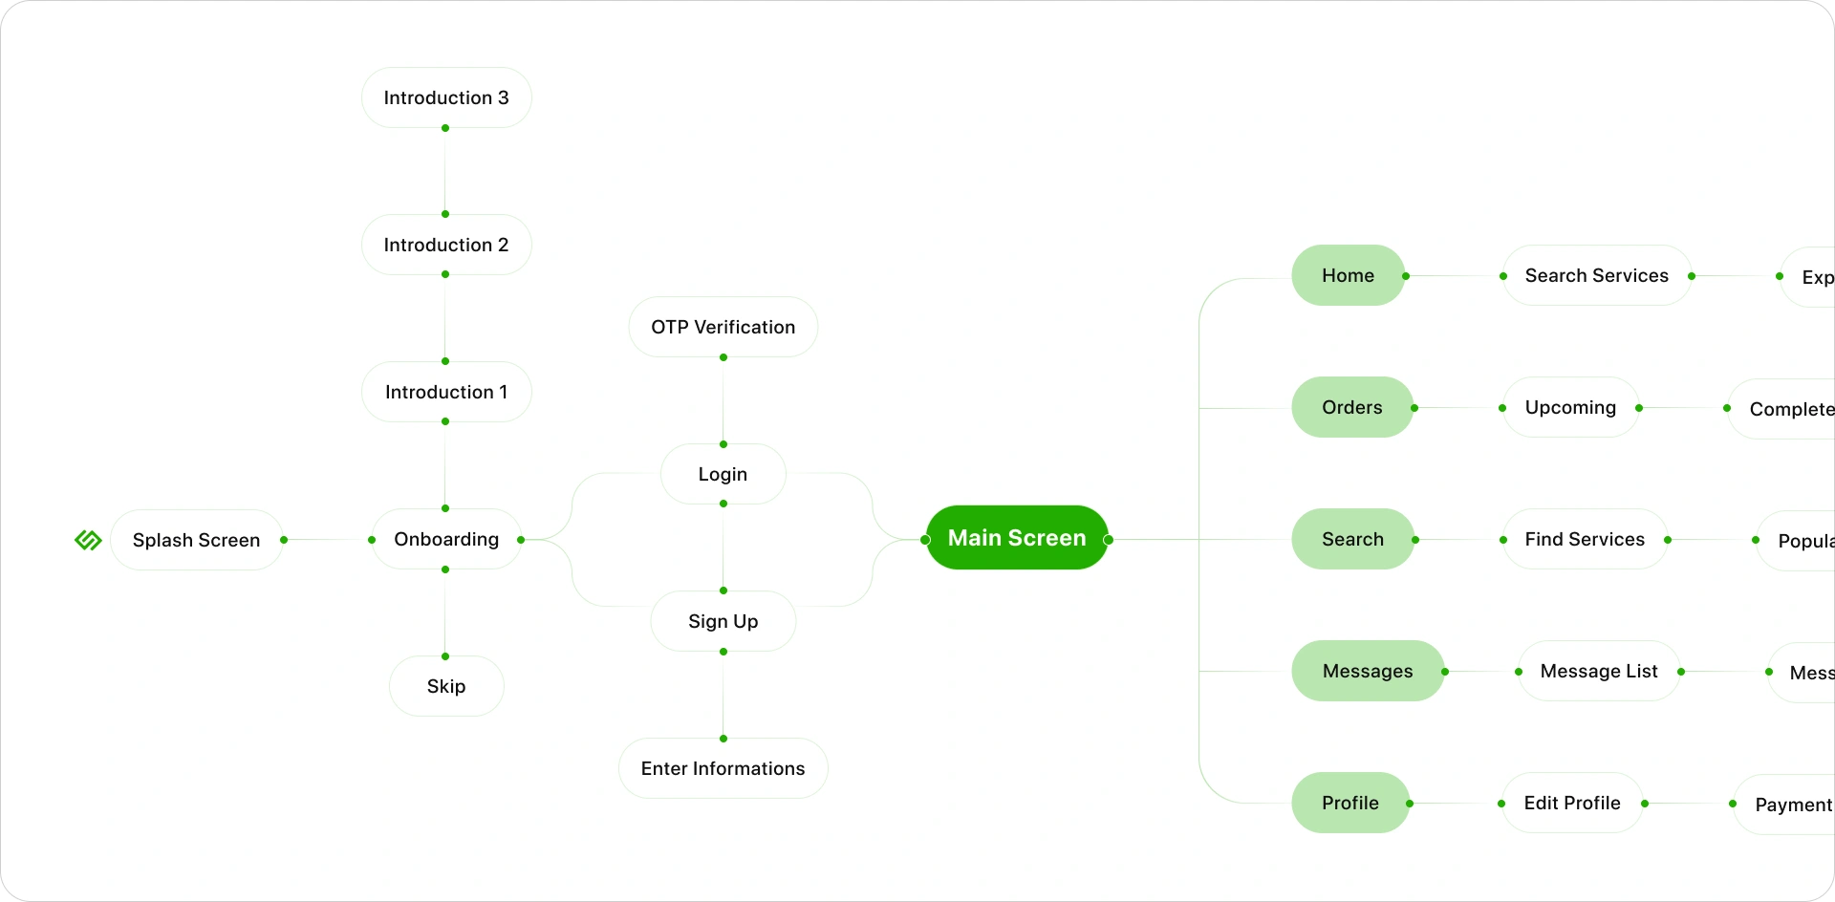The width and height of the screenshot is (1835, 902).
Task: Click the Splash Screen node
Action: (196, 540)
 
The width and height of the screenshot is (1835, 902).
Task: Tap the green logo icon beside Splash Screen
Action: (88, 540)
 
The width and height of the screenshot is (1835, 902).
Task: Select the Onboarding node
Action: (446, 540)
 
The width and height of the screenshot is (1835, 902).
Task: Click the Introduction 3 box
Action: (446, 97)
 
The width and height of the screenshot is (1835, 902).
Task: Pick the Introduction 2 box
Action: (446, 245)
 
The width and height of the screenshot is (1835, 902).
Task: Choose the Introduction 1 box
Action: (446, 392)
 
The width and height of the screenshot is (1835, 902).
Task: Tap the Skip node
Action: (446, 686)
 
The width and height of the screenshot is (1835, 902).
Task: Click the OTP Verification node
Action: (723, 327)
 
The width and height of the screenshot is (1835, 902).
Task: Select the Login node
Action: (723, 474)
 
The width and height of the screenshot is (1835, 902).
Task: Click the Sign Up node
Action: (723, 621)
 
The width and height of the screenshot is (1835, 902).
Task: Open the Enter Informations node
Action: (723, 768)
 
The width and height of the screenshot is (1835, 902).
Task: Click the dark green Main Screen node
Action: (1017, 538)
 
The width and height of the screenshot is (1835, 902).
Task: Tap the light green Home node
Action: (1348, 275)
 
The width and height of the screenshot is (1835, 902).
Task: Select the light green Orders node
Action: (1351, 407)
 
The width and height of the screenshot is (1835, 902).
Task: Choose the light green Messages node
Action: (1367, 671)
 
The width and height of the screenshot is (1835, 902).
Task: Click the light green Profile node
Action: (1349, 803)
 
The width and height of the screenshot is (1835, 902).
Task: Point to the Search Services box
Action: (1596, 275)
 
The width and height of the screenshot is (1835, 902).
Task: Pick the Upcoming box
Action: (1570, 407)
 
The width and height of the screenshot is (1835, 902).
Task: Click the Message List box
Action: (1598, 671)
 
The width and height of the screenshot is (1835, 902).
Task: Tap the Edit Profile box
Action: (1572, 803)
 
